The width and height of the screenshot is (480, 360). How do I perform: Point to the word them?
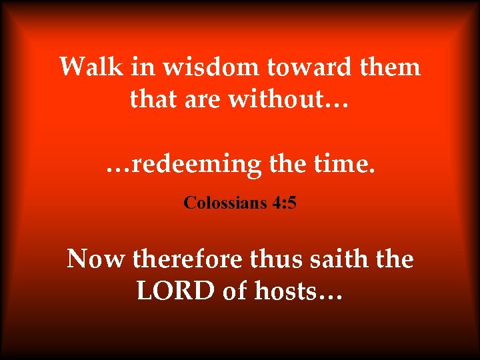pos(390,67)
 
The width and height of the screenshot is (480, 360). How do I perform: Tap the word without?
pos(279,100)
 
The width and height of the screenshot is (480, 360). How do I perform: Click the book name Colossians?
pos(225,202)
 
